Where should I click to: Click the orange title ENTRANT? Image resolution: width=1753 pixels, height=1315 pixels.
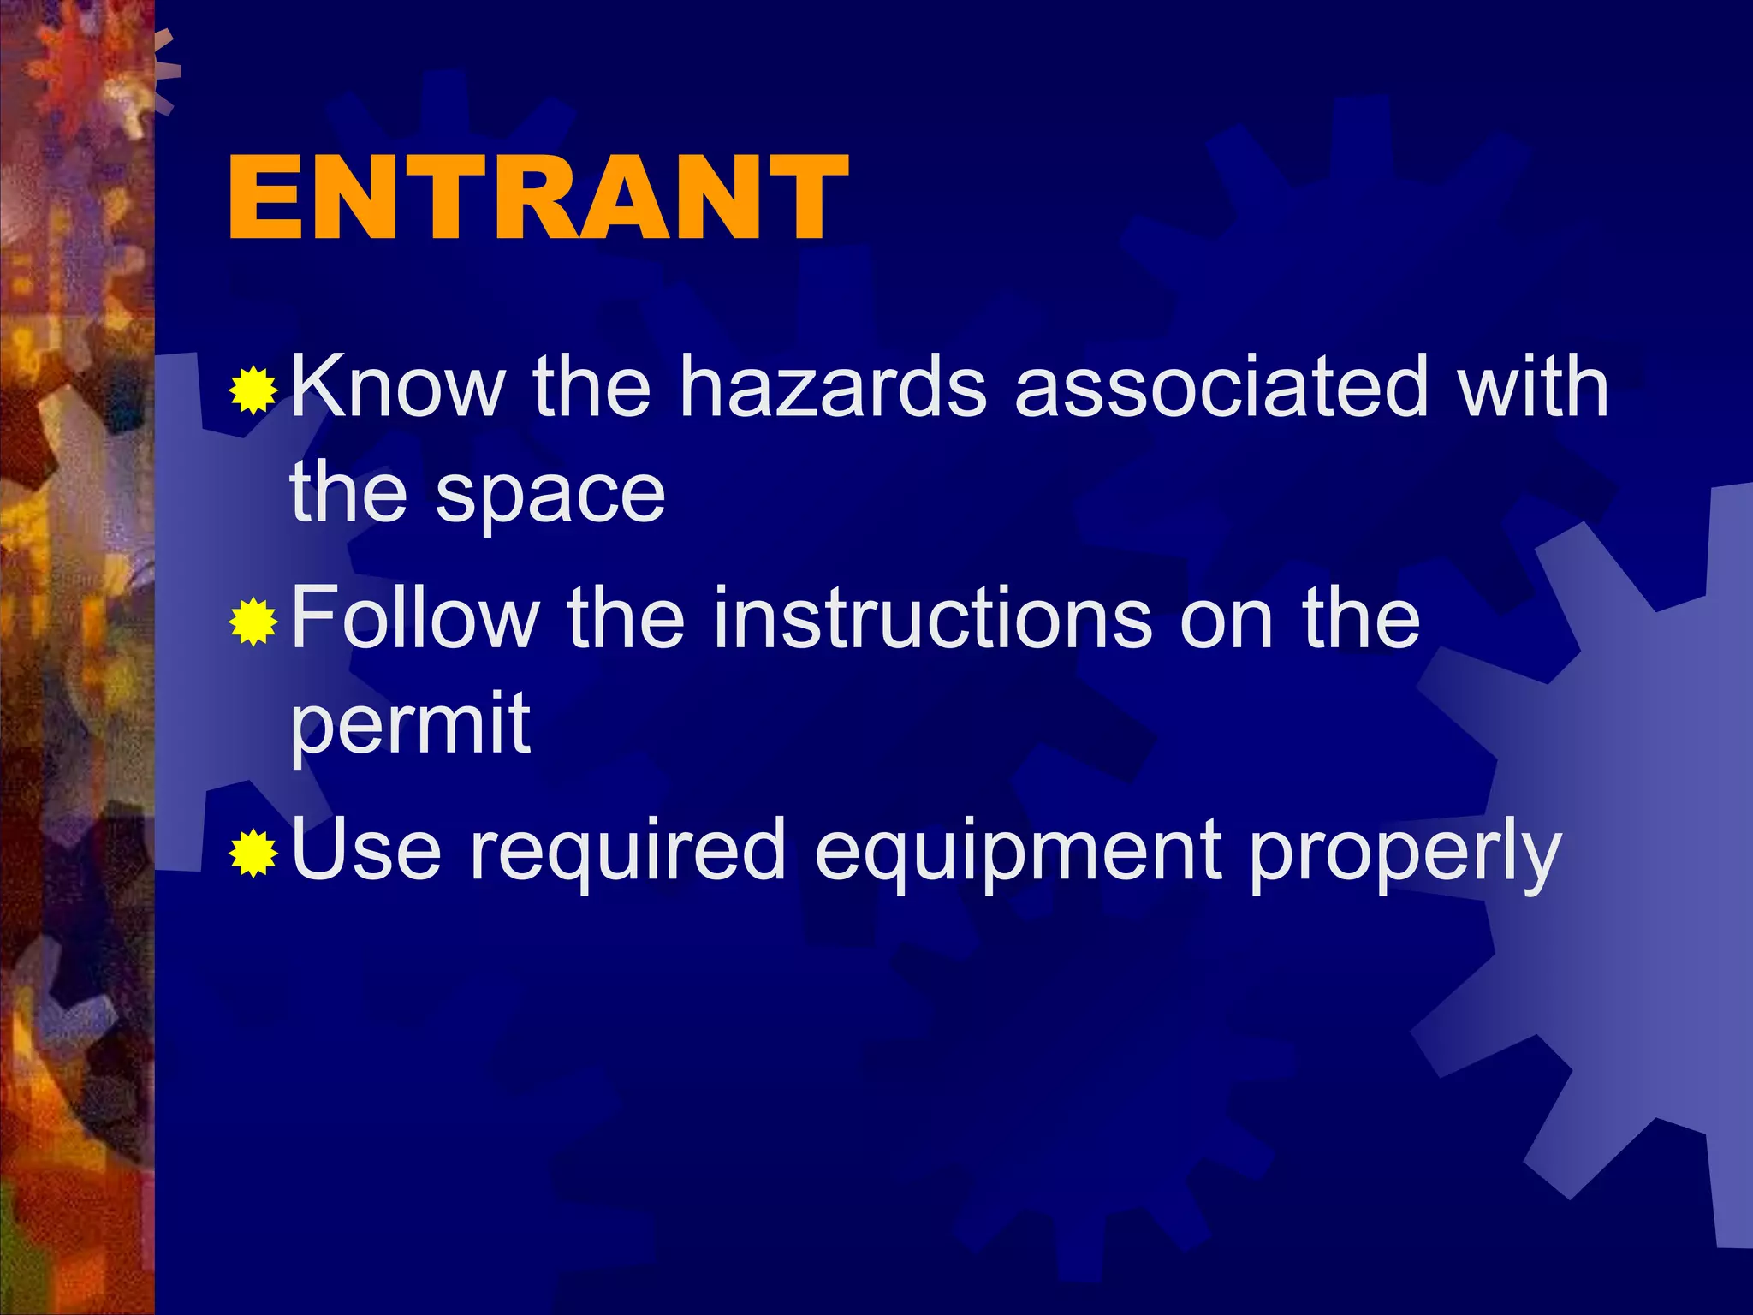(x=538, y=199)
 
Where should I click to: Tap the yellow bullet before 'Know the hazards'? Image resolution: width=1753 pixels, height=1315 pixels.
(x=253, y=390)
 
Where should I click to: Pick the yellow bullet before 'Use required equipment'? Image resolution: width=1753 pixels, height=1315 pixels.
(x=253, y=853)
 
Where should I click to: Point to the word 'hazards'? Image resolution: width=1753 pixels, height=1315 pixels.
(x=833, y=387)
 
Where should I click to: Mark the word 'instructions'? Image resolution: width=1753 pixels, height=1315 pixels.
(x=931, y=618)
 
